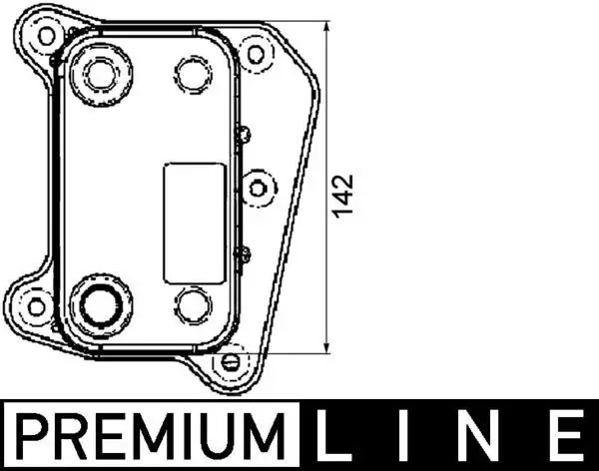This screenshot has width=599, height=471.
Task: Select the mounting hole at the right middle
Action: click(x=259, y=186)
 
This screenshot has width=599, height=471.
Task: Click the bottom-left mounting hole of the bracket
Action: click(x=37, y=305)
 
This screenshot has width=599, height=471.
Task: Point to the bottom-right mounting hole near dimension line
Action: click(x=231, y=359)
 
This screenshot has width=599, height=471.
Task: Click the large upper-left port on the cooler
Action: click(x=100, y=73)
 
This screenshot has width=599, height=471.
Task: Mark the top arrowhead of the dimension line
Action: click(x=330, y=23)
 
